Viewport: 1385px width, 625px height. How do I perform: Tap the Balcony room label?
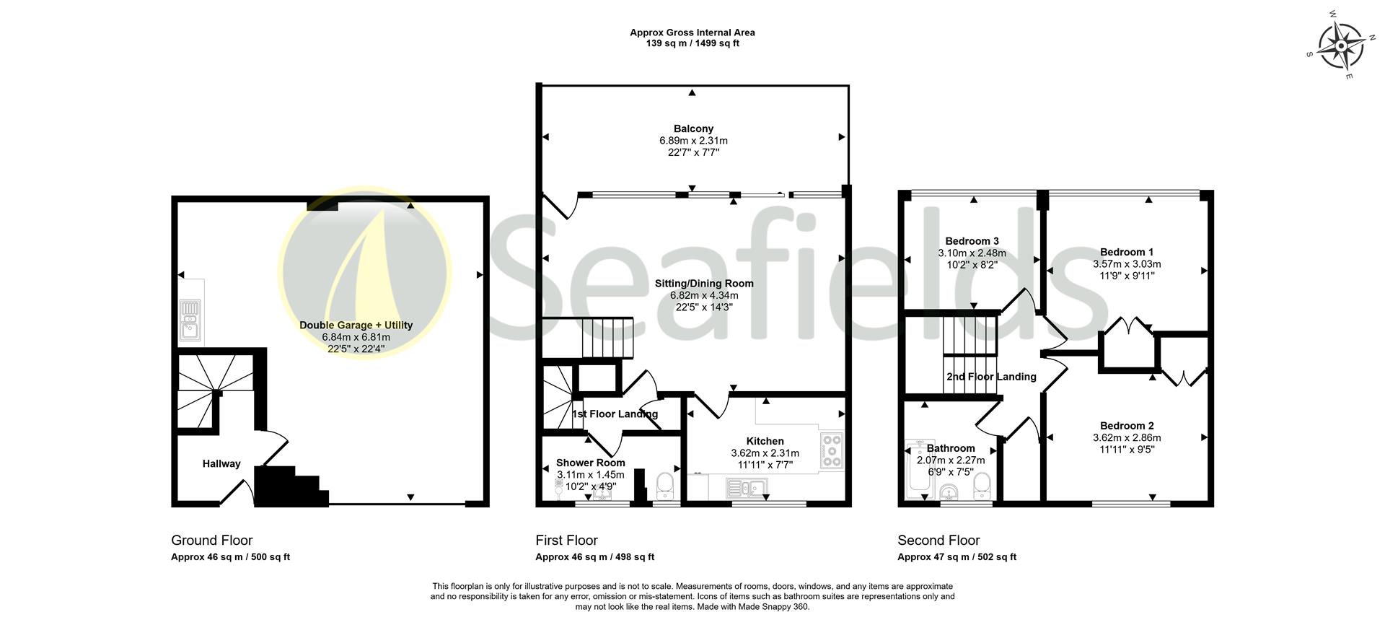[693, 128]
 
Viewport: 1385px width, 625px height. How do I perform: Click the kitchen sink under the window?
[741, 490]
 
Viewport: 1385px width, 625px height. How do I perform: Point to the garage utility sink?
[190, 321]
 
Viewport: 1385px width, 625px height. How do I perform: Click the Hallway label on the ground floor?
[221, 464]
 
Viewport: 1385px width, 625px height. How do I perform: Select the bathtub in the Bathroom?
[915, 469]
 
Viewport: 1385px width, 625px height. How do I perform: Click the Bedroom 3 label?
[972, 241]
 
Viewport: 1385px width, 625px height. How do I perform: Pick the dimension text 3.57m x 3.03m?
[1126, 264]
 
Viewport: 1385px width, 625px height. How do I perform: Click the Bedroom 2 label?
[1126, 426]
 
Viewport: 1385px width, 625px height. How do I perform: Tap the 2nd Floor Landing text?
[991, 377]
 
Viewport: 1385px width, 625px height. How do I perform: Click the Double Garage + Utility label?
[356, 325]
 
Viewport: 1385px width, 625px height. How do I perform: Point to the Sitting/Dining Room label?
[703, 284]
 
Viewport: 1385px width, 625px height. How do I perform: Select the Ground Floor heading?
[211, 541]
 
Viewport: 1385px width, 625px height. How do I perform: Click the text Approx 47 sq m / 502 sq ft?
[956, 557]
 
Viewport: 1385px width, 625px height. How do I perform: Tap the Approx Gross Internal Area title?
[692, 32]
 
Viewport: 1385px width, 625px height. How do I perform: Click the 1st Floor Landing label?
[615, 414]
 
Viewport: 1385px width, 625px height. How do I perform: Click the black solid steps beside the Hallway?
[289, 487]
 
